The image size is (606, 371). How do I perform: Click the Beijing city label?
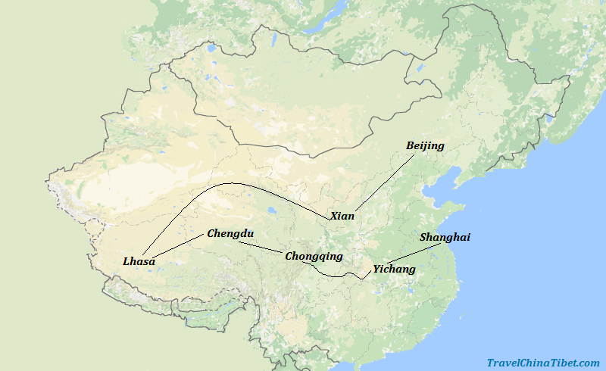click(x=425, y=145)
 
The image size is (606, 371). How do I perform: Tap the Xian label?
click(x=342, y=216)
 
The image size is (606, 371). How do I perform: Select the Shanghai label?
click(x=445, y=237)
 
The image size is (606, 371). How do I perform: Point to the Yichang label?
click(x=394, y=269)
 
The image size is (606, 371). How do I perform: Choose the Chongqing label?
click(x=314, y=256)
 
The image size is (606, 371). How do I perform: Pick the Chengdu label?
click(x=230, y=234)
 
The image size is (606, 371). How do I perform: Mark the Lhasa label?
click(x=139, y=261)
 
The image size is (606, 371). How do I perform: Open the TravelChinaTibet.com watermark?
click(x=543, y=363)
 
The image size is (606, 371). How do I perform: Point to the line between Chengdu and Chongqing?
click(x=261, y=247)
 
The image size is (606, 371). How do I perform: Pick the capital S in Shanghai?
click(x=423, y=237)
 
